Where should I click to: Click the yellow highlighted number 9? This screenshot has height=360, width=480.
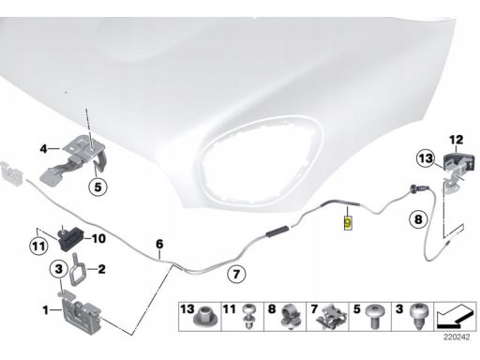click(x=348, y=223)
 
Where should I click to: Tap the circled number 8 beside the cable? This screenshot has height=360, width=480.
click(x=418, y=219)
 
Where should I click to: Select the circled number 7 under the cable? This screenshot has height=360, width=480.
click(x=236, y=274)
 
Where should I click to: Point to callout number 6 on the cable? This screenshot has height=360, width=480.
click(x=159, y=244)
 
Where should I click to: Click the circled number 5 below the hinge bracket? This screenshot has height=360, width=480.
click(x=97, y=187)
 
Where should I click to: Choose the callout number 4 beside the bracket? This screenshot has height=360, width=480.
click(x=44, y=149)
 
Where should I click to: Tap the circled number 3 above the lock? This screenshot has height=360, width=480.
click(x=59, y=268)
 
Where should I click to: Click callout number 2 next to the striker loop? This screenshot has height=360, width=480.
click(x=101, y=269)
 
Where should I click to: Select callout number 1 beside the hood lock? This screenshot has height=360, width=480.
click(x=46, y=310)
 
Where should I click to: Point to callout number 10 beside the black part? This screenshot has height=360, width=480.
click(x=98, y=239)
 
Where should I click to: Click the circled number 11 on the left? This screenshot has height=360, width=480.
click(x=38, y=247)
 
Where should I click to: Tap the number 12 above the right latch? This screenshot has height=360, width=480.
click(x=457, y=140)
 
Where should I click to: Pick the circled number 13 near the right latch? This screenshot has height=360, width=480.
click(x=426, y=158)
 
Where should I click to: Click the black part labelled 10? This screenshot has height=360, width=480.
click(x=71, y=238)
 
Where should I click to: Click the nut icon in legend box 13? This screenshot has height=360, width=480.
click(x=205, y=316)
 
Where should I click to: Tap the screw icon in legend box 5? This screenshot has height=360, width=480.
click(x=374, y=316)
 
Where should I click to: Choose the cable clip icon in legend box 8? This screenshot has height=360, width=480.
click(x=292, y=317)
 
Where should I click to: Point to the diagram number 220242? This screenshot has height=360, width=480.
click(x=457, y=337)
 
